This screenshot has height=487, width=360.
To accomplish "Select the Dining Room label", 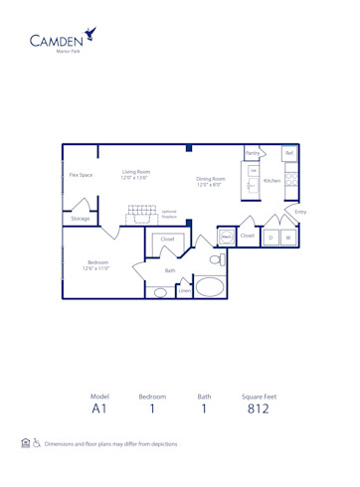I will [x=210, y=182].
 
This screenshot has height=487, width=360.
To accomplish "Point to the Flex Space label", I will [x=81, y=175].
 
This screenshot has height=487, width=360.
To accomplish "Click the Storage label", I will [x=80, y=218].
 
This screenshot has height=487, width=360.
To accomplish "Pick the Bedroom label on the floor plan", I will [x=95, y=265].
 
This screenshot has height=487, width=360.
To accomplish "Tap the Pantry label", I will [x=253, y=153].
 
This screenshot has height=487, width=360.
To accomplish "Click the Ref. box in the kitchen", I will [x=288, y=153].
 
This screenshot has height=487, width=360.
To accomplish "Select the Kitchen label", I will [x=271, y=181].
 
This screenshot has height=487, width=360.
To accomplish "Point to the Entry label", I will [x=300, y=212].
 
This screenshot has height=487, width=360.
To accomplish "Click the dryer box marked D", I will [x=270, y=238].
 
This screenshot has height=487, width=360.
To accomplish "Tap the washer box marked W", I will [x=287, y=238].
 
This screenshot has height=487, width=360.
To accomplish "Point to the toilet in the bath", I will [x=216, y=259].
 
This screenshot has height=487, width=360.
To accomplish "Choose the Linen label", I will [x=185, y=291].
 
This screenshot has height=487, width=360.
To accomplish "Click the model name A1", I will [x=98, y=408].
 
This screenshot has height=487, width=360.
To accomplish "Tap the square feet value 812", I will [x=259, y=408].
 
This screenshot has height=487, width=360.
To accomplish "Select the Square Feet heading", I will [x=259, y=396].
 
